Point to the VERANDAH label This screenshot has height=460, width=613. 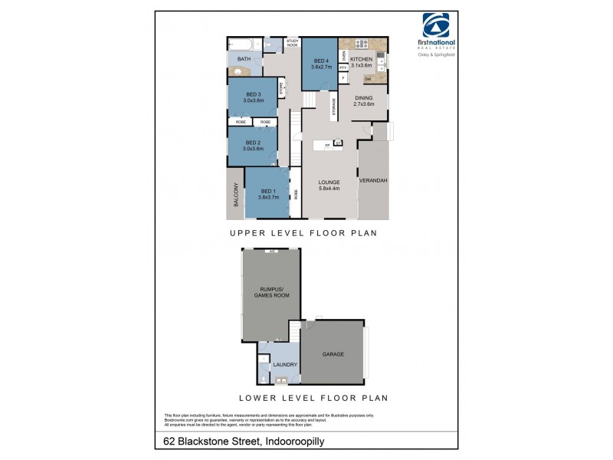point(373,181)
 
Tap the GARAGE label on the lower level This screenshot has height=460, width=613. point(333,354)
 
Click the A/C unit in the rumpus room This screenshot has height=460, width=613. point(271,252)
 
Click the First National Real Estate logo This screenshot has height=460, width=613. point(434,31)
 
